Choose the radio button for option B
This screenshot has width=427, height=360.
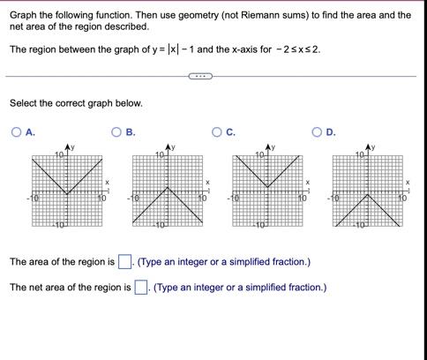click(x=116, y=132)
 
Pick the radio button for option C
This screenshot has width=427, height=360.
click(x=216, y=132)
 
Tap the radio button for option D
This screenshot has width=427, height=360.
click(x=317, y=132)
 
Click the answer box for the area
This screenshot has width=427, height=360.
click(x=125, y=261)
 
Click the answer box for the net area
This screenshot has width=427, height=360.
click(x=140, y=288)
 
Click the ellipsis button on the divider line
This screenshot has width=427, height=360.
click(x=200, y=76)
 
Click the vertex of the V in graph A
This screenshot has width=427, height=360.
click(x=67, y=195)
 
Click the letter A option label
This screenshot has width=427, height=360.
click(x=30, y=132)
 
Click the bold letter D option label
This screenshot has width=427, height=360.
click(x=331, y=132)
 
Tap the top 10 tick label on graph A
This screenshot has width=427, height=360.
click(x=58, y=155)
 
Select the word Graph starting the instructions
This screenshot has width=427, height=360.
click(x=25, y=15)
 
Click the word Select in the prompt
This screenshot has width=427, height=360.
click(x=25, y=103)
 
